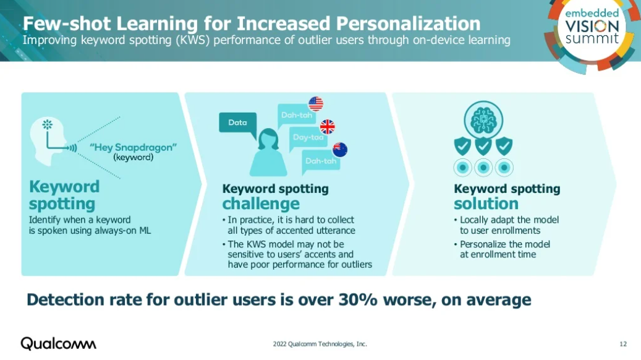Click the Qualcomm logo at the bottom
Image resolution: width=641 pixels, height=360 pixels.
click(59, 344)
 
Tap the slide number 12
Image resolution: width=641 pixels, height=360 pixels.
click(623, 344)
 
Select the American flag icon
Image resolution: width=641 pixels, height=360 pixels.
click(316, 104)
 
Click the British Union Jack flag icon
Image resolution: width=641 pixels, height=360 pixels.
click(327, 127)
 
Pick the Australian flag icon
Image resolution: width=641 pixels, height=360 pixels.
click(340, 150)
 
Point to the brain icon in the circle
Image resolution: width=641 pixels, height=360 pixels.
click(483, 120)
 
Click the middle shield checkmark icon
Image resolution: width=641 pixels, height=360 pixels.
click(483, 146)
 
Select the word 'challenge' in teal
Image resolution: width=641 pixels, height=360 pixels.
click(261, 204)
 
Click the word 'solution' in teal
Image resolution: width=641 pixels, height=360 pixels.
click(486, 204)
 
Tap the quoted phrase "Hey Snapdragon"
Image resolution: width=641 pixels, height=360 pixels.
click(134, 147)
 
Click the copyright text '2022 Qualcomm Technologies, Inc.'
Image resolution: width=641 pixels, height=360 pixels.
click(320, 344)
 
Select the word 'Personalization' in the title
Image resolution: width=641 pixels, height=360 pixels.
click(409, 24)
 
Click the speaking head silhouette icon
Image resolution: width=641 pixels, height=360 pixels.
click(49, 141)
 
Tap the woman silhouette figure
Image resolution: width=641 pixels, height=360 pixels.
click(268, 152)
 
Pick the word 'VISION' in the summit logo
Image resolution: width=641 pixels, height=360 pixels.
click(592, 27)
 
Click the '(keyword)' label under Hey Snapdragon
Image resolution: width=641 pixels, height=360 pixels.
click(134, 158)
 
